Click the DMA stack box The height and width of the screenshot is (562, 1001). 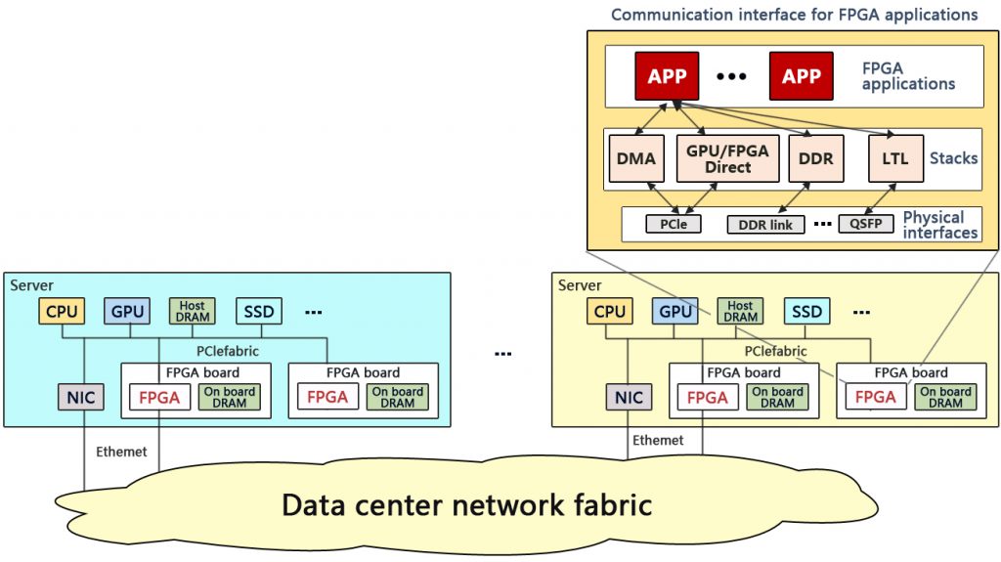click(x=635, y=158)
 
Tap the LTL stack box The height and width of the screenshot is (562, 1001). click(x=894, y=158)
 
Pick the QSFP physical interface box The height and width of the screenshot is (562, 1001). click(x=865, y=224)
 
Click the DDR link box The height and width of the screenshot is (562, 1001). click(x=765, y=225)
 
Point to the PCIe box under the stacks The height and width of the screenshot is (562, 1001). click(x=674, y=225)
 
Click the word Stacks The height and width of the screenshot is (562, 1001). click(x=953, y=157)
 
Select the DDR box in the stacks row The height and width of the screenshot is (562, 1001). click(x=815, y=158)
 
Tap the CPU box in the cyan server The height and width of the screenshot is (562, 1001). click(x=62, y=312)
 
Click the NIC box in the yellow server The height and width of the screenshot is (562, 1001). click(x=630, y=397)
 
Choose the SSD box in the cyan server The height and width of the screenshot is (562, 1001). click(x=259, y=312)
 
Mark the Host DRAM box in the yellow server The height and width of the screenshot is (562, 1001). click(x=740, y=312)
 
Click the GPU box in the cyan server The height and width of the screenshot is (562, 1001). click(x=127, y=312)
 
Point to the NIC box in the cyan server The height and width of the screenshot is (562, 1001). click(x=82, y=397)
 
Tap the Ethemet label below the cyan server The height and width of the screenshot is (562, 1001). click(x=121, y=452)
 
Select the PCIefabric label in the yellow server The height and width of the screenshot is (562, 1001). click(x=776, y=351)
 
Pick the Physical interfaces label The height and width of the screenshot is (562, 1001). click(x=939, y=225)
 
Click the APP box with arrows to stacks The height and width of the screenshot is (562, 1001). click(x=668, y=76)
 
